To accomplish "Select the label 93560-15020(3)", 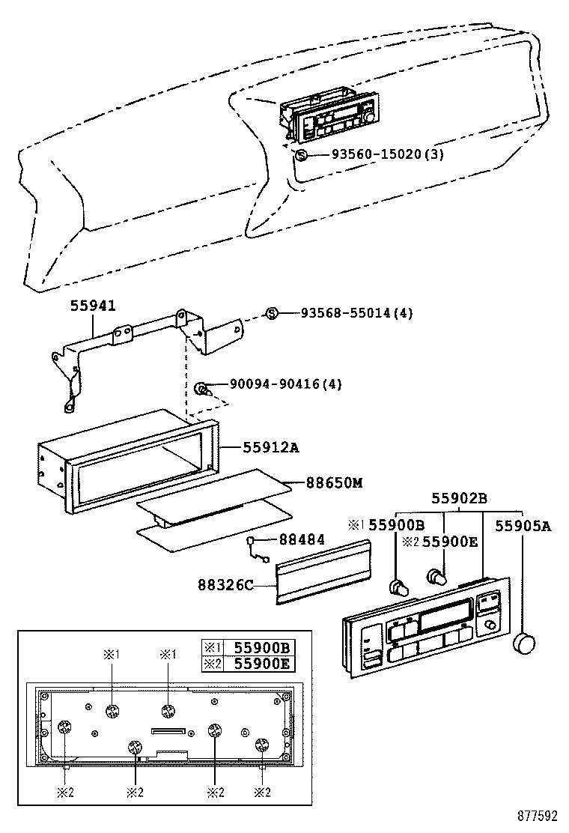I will coord(388,155).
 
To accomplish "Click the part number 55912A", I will coord(270,447).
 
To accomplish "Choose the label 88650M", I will coord(333,483).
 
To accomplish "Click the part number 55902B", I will coord(459,498).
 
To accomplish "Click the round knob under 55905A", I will coord(523,642).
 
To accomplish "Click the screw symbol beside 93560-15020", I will coord(301,155).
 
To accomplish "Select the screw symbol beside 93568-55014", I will coord(272,313).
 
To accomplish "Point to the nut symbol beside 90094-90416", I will coord(201,388).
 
